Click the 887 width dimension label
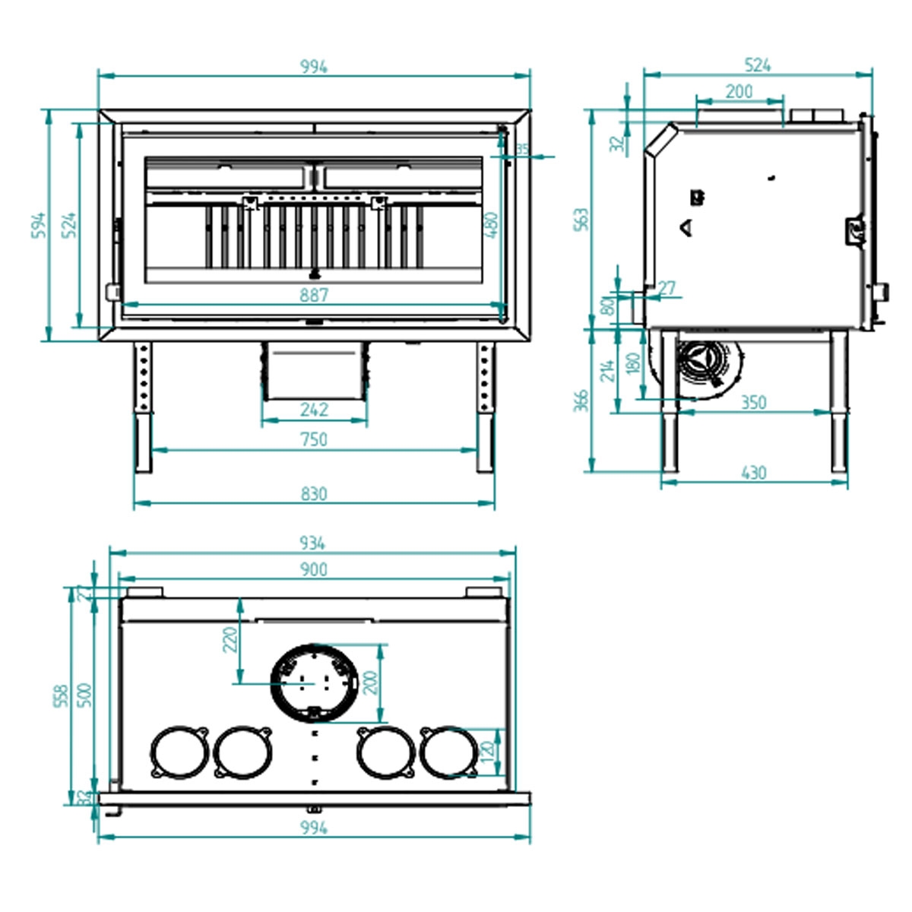click(314, 296)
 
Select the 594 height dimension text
click(39, 225)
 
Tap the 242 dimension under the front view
click(314, 410)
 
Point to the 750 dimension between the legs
click(314, 439)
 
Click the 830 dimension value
click(314, 494)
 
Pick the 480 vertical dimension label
click(492, 226)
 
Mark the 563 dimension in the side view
click(581, 220)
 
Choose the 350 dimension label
click(753, 402)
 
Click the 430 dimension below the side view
click(753, 473)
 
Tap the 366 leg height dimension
click(581, 401)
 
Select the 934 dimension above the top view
click(312, 543)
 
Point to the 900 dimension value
click(313, 569)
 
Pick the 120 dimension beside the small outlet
click(488, 752)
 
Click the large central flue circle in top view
click(313, 682)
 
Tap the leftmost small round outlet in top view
click(180, 752)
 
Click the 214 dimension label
click(606, 370)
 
